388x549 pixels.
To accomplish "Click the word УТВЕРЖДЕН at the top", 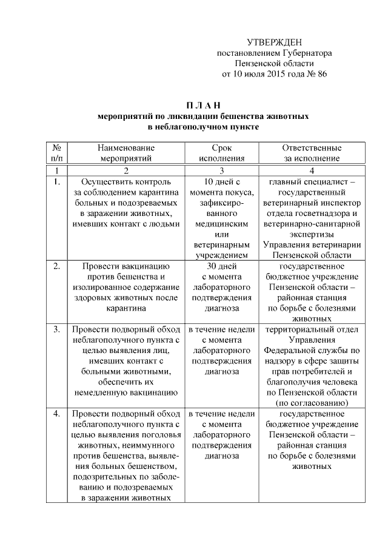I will pyautogui.click(x=275, y=42).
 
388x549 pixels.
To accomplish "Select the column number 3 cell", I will pyautogui.click(x=222, y=170).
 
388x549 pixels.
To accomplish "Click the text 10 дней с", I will pyautogui.click(x=223, y=181).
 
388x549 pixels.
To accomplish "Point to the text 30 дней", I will pyautogui.click(x=222, y=266).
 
